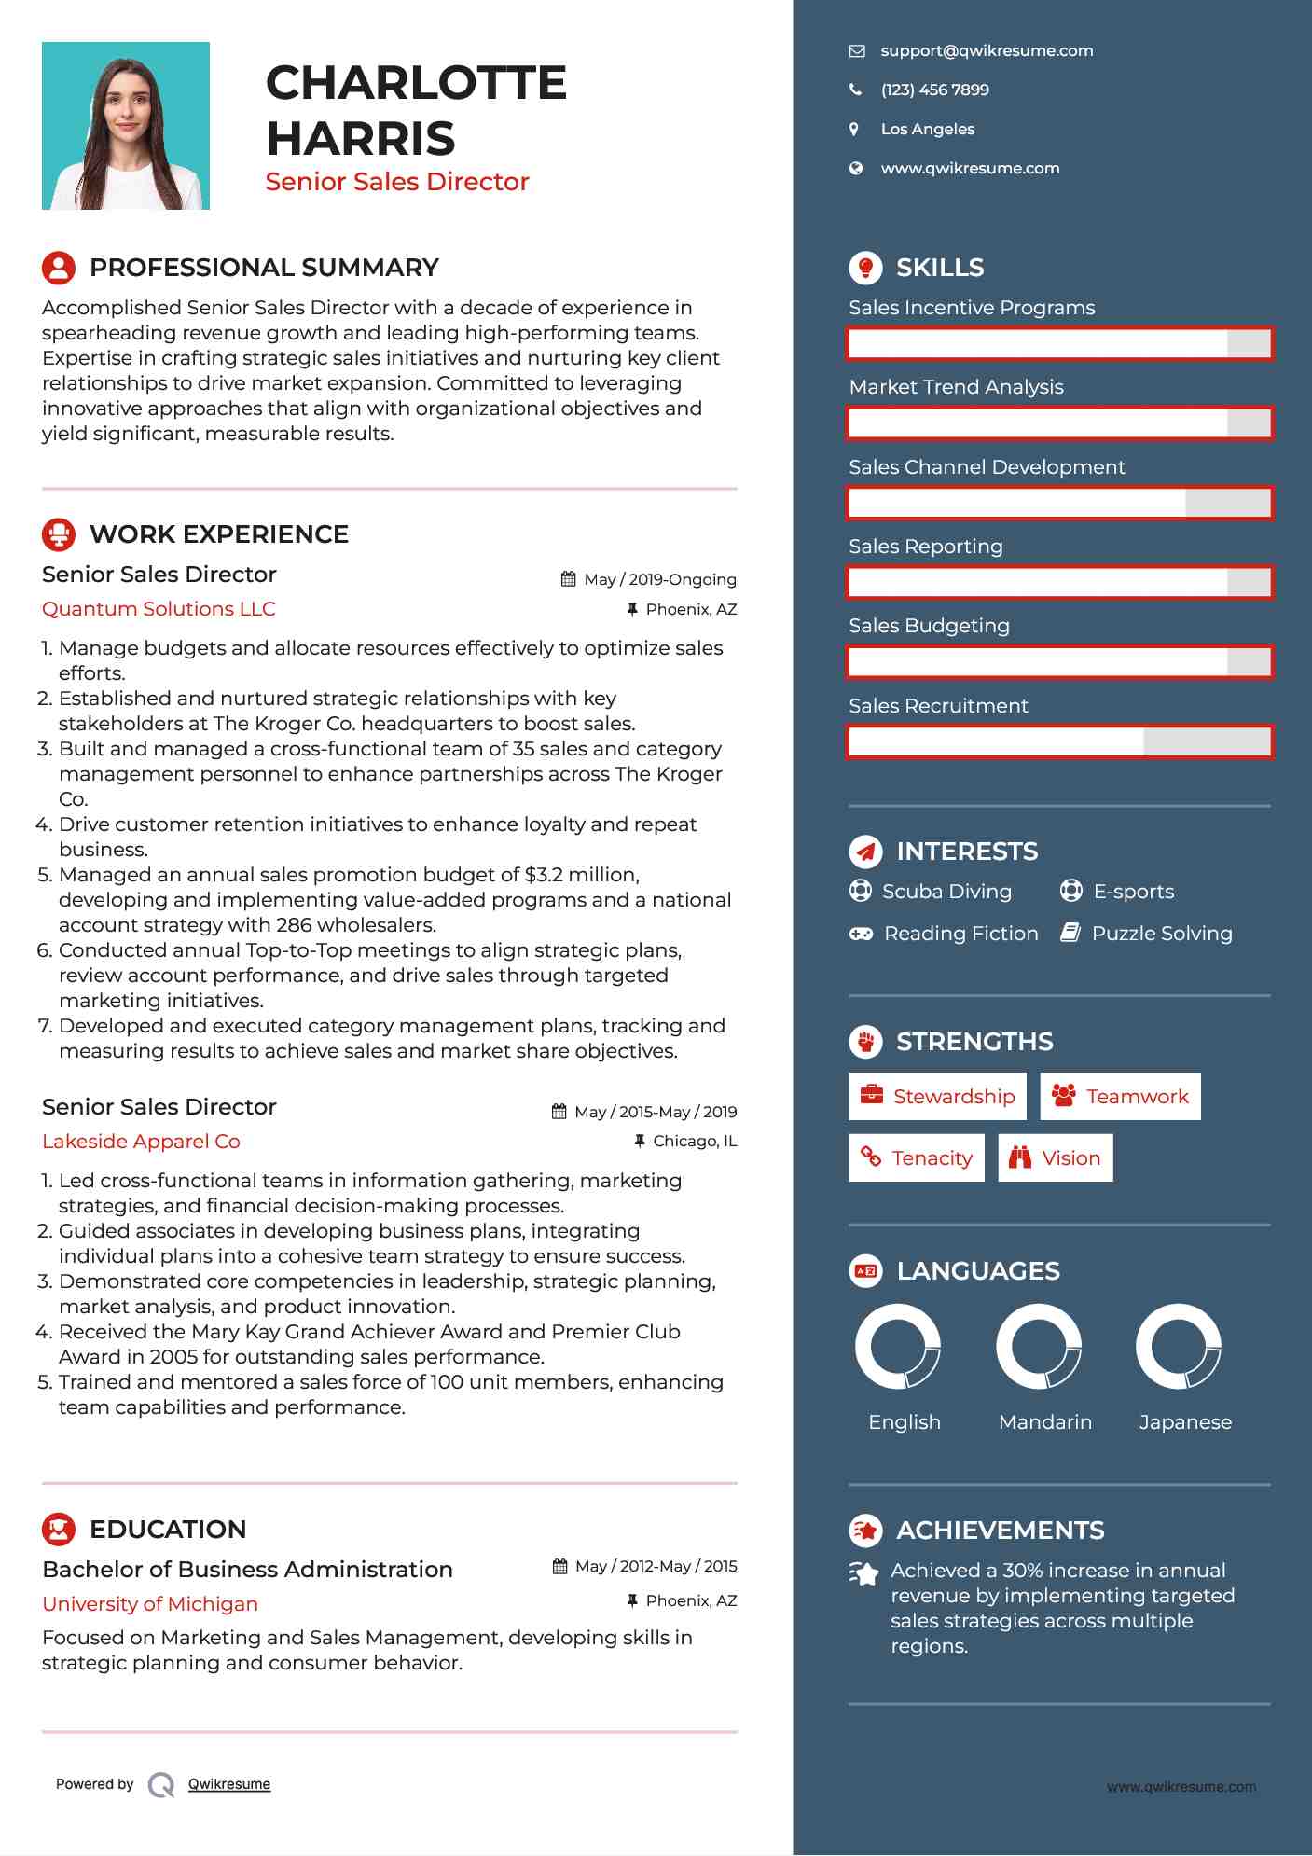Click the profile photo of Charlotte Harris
point(126,126)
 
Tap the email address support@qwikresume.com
point(987,51)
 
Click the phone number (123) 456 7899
point(934,90)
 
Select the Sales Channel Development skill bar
point(1059,503)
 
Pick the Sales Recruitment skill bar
point(1059,742)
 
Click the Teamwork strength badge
point(1120,1097)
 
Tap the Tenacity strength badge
point(916,1158)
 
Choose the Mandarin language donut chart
point(1038,1347)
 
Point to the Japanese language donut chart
point(1179,1347)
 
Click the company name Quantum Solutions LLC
point(159,609)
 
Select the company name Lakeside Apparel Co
point(141,1142)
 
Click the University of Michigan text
point(150,1604)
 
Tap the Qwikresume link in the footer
point(229,1784)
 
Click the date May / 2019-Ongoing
point(659,579)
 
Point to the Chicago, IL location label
point(694,1141)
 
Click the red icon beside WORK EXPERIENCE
point(59,534)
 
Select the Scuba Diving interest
point(946,892)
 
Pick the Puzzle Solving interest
point(1161,934)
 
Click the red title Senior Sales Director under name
point(397,182)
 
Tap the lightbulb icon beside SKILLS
point(865,268)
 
